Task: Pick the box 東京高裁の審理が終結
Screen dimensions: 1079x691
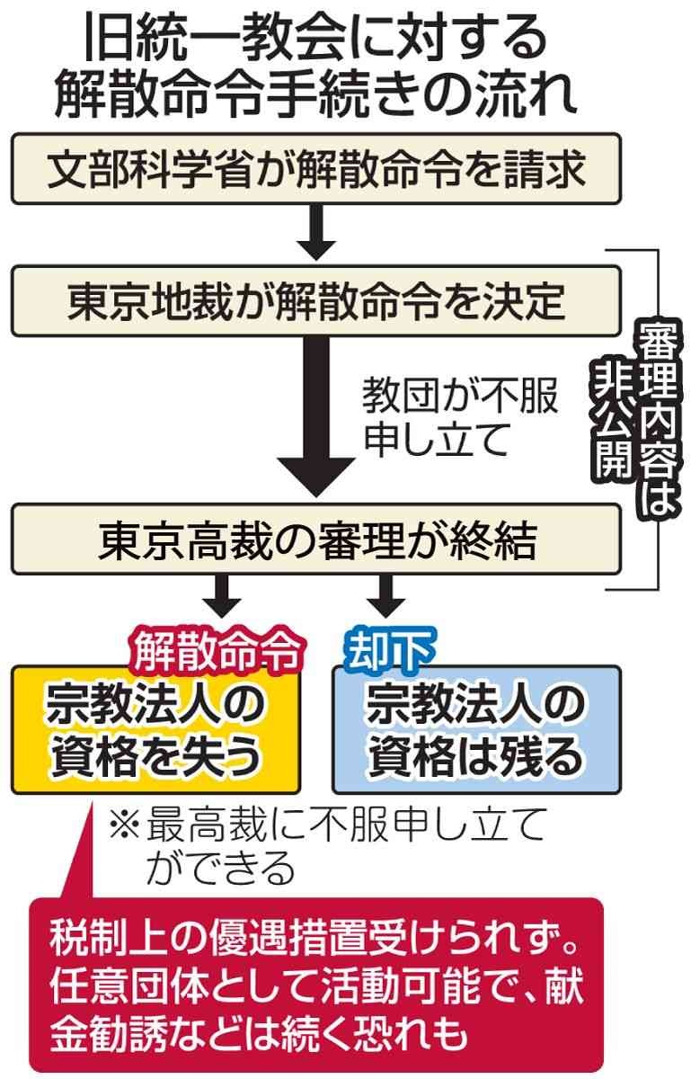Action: [x=315, y=539]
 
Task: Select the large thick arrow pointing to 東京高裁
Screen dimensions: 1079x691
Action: [x=315, y=414]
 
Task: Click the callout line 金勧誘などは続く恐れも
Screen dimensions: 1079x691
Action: [x=261, y=1034]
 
